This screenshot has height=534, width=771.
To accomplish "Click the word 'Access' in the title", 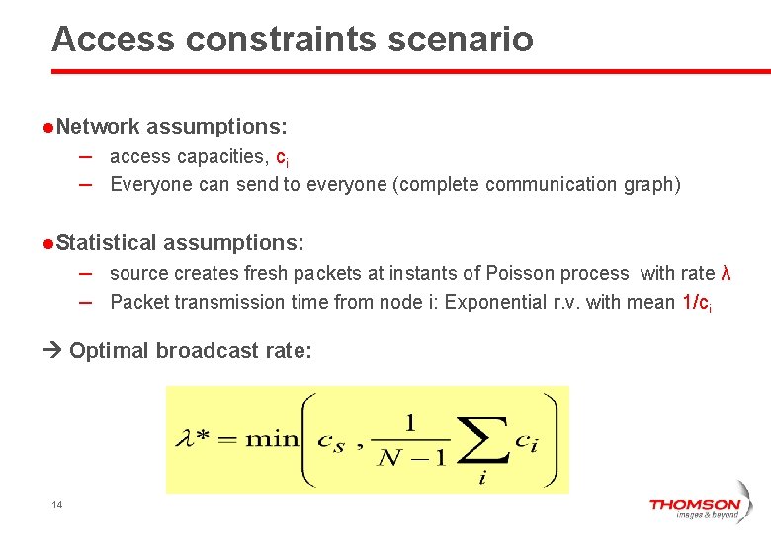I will tap(114, 40).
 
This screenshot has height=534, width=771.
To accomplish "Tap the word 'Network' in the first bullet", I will tap(98, 127).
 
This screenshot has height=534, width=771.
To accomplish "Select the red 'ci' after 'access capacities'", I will tap(282, 157).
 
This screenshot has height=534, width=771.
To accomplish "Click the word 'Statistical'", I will tap(106, 242).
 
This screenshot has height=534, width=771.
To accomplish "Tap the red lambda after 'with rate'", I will tap(726, 273).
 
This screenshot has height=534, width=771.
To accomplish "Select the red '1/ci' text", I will tap(697, 303).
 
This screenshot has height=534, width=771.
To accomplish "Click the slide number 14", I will tap(56, 506).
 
